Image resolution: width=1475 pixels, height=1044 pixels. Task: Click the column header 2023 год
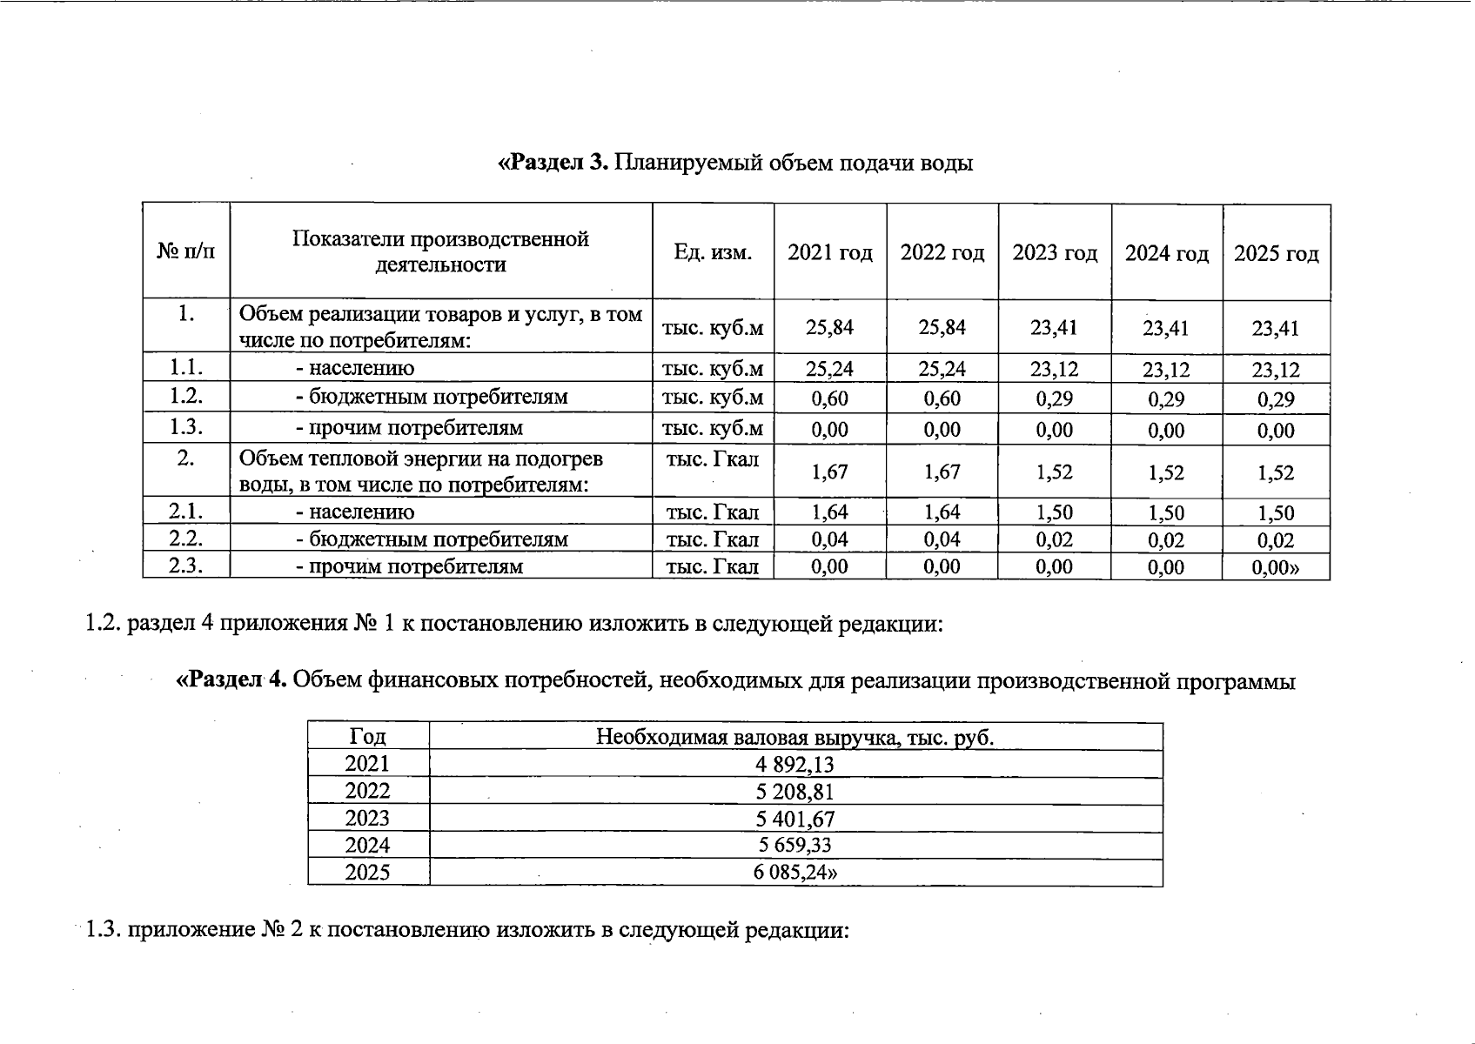point(1055,253)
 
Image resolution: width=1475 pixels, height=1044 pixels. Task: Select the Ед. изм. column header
point(713,252)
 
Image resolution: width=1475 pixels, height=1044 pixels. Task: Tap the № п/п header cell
point(185,252)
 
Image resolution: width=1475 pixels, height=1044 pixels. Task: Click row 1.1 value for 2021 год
point(829,369)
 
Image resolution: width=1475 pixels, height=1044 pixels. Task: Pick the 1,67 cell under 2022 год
point(942,472)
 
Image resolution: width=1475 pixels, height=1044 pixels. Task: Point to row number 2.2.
point(185,539)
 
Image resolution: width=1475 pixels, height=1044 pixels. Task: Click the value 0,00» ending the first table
point(1276,568)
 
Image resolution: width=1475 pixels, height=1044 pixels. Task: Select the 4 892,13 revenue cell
point(794,765)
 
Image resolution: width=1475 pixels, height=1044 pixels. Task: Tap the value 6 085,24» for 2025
point(795,873)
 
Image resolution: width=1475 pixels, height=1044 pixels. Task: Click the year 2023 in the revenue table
point(367,819)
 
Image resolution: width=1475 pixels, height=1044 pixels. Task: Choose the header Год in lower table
point(367,737)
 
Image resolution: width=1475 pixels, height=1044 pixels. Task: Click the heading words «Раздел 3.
point(553,163)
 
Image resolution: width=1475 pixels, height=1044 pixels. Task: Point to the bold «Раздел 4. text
point(232,680)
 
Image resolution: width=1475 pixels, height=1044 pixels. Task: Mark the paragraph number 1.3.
point(104,930)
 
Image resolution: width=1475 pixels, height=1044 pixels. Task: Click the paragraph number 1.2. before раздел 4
point(104,624)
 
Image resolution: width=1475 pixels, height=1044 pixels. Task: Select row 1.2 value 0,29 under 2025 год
point(1276,400)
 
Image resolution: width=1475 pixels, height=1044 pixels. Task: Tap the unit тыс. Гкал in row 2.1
point(713,512)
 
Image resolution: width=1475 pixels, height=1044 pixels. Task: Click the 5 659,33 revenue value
point(794,846)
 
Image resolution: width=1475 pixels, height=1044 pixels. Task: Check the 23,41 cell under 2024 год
point(1166,329)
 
